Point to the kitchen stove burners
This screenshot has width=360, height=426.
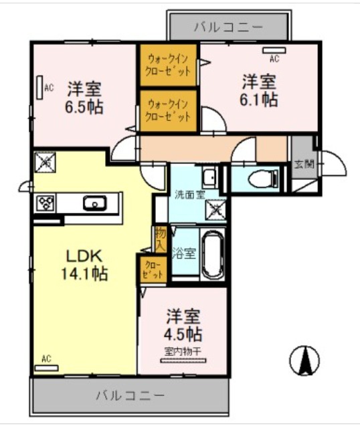click(x=46, y=202)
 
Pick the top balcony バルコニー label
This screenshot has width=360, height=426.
click(x=228, y=27)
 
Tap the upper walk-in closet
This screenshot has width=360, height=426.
click(x=169, y=65)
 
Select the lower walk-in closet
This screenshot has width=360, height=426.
click(x=169, y=110)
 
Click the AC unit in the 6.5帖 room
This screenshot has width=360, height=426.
click(x=39, y=88)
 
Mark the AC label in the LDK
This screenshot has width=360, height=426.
click(x=46, y=359)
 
